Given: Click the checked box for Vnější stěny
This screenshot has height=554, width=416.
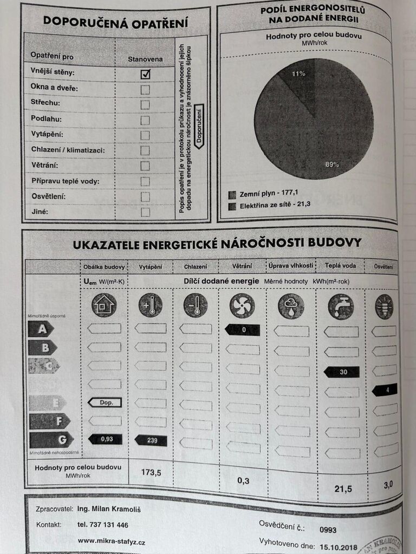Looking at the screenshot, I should tap(145, 74).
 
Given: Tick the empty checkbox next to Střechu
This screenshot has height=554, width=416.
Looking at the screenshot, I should tap(145, 104).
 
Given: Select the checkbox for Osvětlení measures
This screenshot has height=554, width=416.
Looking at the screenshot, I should tap(145, 196).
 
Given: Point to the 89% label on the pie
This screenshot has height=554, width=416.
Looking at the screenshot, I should tap(332, 164).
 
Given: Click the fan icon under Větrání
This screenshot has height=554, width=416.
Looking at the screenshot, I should tap(242, 306).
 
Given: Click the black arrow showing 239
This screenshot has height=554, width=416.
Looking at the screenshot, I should tap(151, 440).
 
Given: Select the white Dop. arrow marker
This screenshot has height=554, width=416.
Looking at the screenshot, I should tap(105, 402).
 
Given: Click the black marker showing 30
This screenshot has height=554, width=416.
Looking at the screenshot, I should tap(341, 372).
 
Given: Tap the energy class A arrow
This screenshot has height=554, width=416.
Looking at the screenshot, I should tap(41, 328).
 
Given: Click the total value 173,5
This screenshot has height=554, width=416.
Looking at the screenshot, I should tap(151, 472).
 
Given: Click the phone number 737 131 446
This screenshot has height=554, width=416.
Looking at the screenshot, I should tap(103, 524).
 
